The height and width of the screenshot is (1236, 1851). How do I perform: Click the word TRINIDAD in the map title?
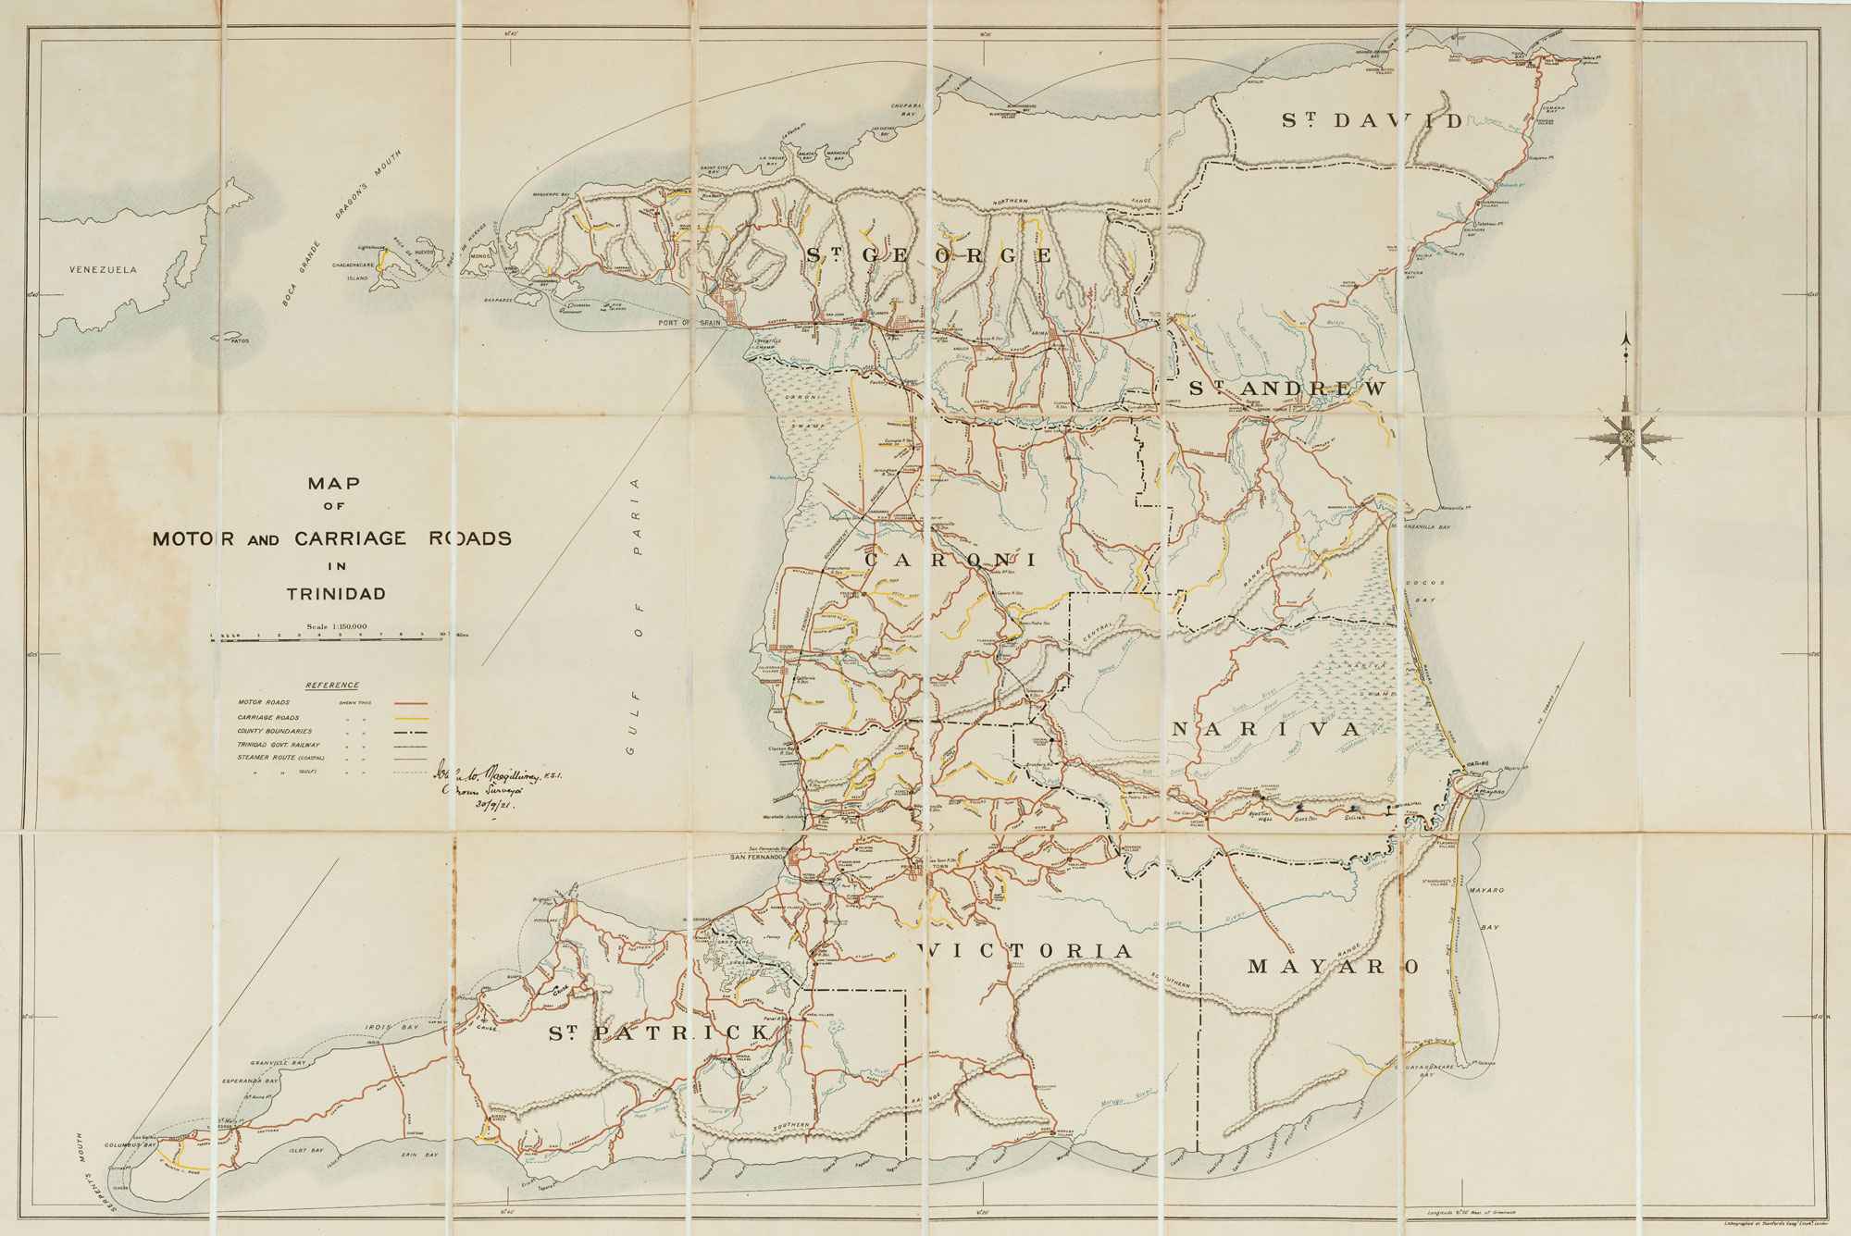335,594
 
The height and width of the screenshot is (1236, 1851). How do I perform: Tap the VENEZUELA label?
103,270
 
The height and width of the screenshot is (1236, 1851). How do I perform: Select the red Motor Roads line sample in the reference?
411,703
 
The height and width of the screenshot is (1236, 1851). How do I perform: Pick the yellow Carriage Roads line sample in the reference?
411,718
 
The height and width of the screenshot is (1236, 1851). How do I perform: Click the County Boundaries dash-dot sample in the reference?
411,731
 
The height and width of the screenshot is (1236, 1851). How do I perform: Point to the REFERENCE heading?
332,686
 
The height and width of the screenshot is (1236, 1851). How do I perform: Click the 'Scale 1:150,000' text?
337,626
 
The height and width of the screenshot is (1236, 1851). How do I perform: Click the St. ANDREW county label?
1287,389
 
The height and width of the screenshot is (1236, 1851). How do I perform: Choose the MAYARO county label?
1333,967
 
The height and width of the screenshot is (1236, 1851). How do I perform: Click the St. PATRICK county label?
658,1032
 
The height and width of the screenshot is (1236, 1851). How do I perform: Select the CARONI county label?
950,560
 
